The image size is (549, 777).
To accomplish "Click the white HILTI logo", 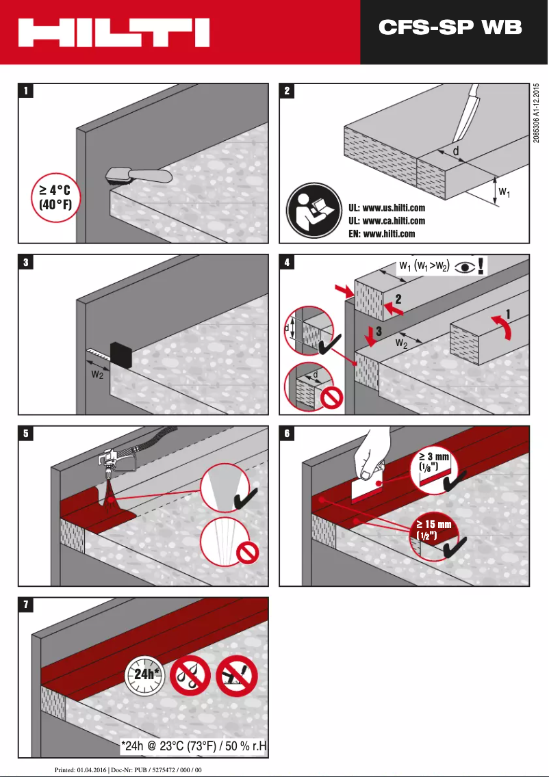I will coord(113,32).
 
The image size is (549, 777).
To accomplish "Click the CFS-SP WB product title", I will coord(450,27).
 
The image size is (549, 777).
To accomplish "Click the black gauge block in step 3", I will coord(120,355).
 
